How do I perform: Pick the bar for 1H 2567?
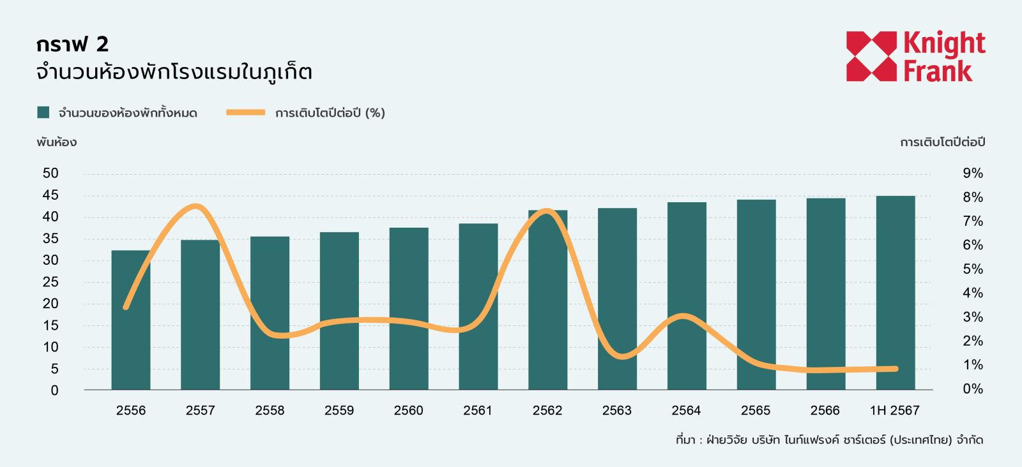(895, 293)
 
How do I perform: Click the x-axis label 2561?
(478, 410)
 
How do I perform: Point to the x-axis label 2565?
(756, 410)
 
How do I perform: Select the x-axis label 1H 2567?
(894, 410)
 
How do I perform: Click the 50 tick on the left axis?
(50, 173)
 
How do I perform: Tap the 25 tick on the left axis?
(50, 281)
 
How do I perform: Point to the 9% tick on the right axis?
(973, 173)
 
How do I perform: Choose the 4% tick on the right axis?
(973, 293)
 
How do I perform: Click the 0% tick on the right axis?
(973, 389)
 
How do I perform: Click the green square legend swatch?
(43, 112)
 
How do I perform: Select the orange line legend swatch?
(245, 112)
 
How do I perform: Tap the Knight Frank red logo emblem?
(871, 56)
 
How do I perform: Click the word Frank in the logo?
(938, 70)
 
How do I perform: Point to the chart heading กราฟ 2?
(72, 44)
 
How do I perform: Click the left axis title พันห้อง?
(56, 142)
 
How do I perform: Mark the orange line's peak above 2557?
(196, 206)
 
